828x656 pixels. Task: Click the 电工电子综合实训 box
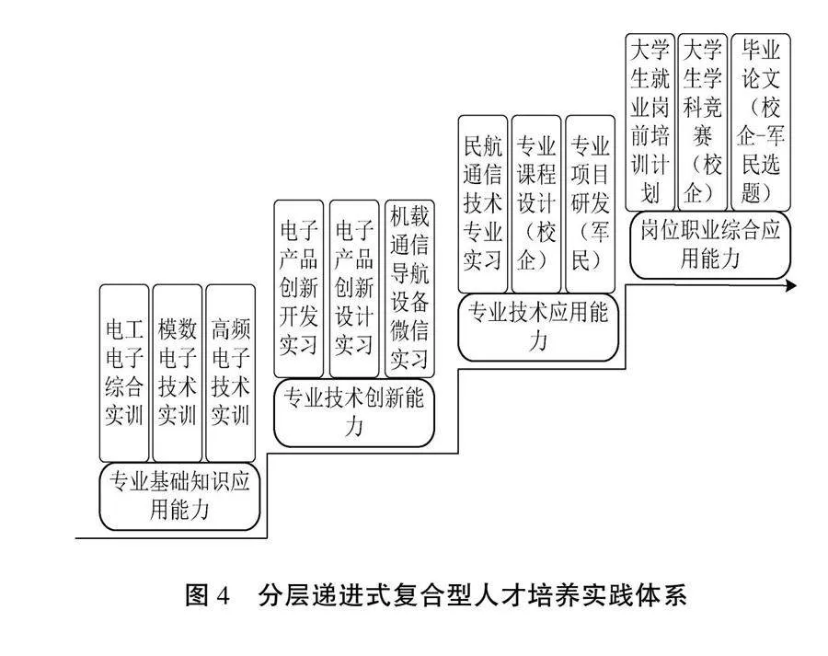[x=124, y=373]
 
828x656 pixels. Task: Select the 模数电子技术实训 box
[x=178, y=373]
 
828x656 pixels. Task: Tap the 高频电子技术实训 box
[x=231, y=373]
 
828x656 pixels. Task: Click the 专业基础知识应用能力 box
[x=179, y=497]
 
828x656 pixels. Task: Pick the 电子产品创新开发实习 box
[x=298, y=288]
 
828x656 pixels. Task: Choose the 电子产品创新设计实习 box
[x=353, y=288]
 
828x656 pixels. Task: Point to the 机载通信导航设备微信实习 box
[x=409, y=288]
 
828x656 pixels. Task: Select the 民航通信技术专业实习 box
[x=482, y=203]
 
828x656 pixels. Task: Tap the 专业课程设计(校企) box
[x=536, y=203]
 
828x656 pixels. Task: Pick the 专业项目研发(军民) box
[x=591, y=203]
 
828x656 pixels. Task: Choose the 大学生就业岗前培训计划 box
[x=650, y=120]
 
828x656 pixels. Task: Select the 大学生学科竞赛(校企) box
[x=703, y=120]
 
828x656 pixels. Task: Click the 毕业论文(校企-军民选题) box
[x=761, y=120]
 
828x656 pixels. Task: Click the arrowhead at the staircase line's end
[x=790, y=286]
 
